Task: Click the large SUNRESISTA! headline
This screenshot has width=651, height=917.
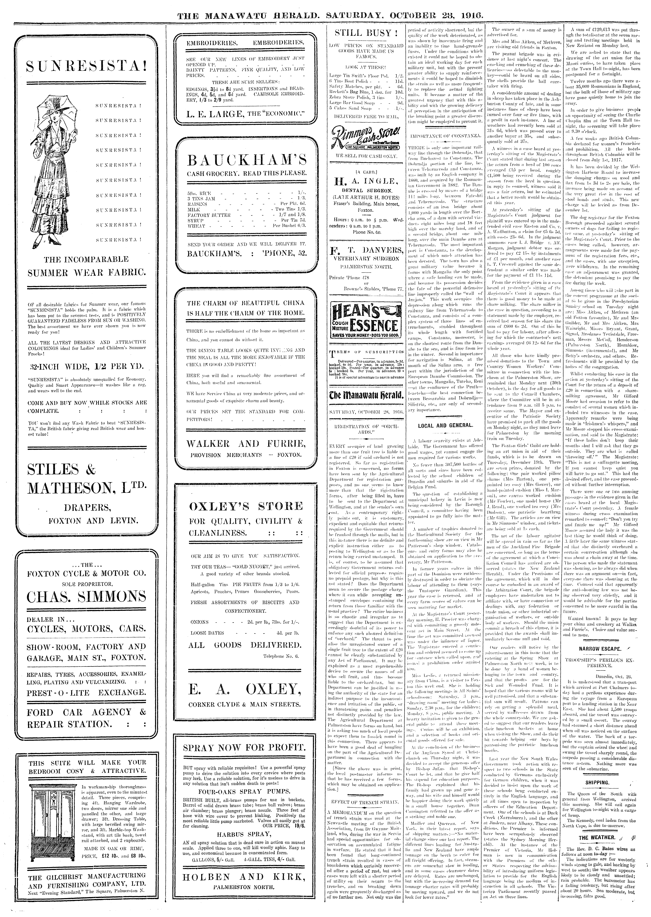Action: [85, 65]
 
